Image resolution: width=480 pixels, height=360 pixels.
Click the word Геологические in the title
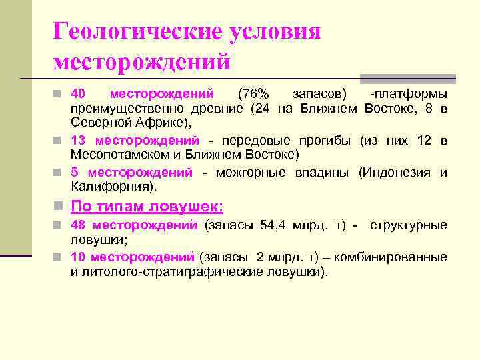137,32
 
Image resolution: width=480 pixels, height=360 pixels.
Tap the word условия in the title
275,32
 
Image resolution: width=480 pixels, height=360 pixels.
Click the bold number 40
79,94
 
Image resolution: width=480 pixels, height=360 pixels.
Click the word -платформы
409,94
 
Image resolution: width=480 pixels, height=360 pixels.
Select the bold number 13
78,141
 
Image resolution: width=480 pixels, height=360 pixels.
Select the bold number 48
79,225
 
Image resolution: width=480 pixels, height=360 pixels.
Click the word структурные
409,225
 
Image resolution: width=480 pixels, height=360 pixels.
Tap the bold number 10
78,257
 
